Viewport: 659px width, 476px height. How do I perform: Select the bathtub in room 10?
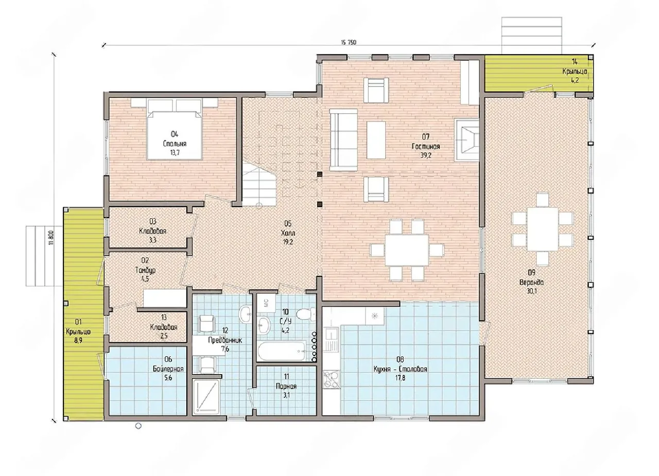(x=282, y=351)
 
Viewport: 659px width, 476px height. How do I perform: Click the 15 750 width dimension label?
(x=349, y=42)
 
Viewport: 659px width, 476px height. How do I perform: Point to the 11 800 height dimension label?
(x=52, y=238)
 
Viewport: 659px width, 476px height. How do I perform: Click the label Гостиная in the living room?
(x=426, y=147)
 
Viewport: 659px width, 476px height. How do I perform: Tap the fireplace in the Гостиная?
(x=467, y=140)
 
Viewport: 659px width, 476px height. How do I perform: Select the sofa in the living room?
(x=343, y=139)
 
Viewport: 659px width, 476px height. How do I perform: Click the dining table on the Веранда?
(x=542, y=229)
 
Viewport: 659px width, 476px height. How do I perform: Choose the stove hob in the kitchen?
(x=332, y=379)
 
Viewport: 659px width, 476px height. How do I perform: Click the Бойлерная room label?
(x=168, y=369)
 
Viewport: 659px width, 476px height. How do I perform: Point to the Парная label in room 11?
(x=286, y=386)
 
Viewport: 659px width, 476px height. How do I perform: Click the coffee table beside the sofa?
(x=376, y=140)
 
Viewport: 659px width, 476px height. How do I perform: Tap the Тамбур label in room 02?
(x=145, y=270)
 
